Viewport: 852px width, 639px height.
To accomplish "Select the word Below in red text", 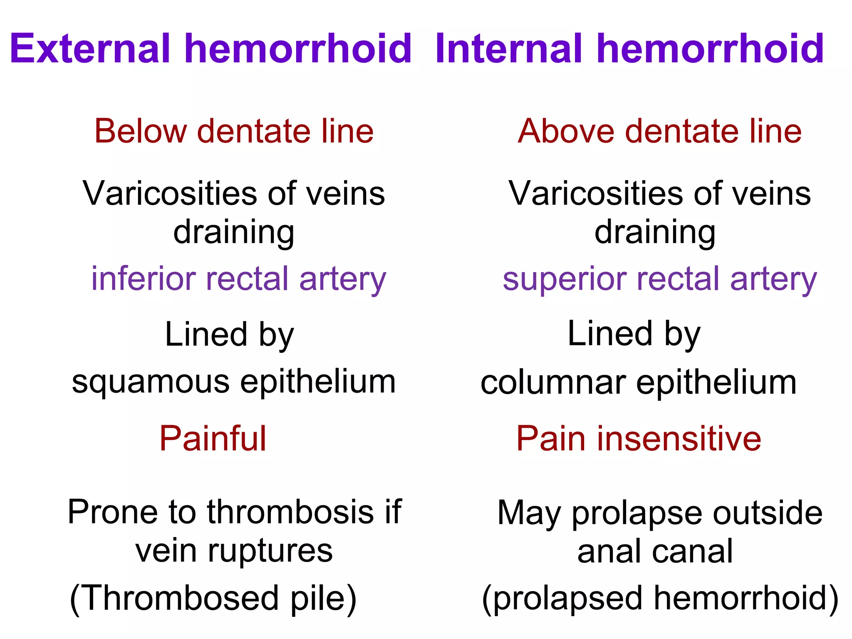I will [141, 131].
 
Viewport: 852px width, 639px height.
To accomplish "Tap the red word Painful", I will [213, 439].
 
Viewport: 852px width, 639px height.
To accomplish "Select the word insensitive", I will [679, 439].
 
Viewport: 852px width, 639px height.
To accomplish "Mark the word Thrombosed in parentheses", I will [181, 598].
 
